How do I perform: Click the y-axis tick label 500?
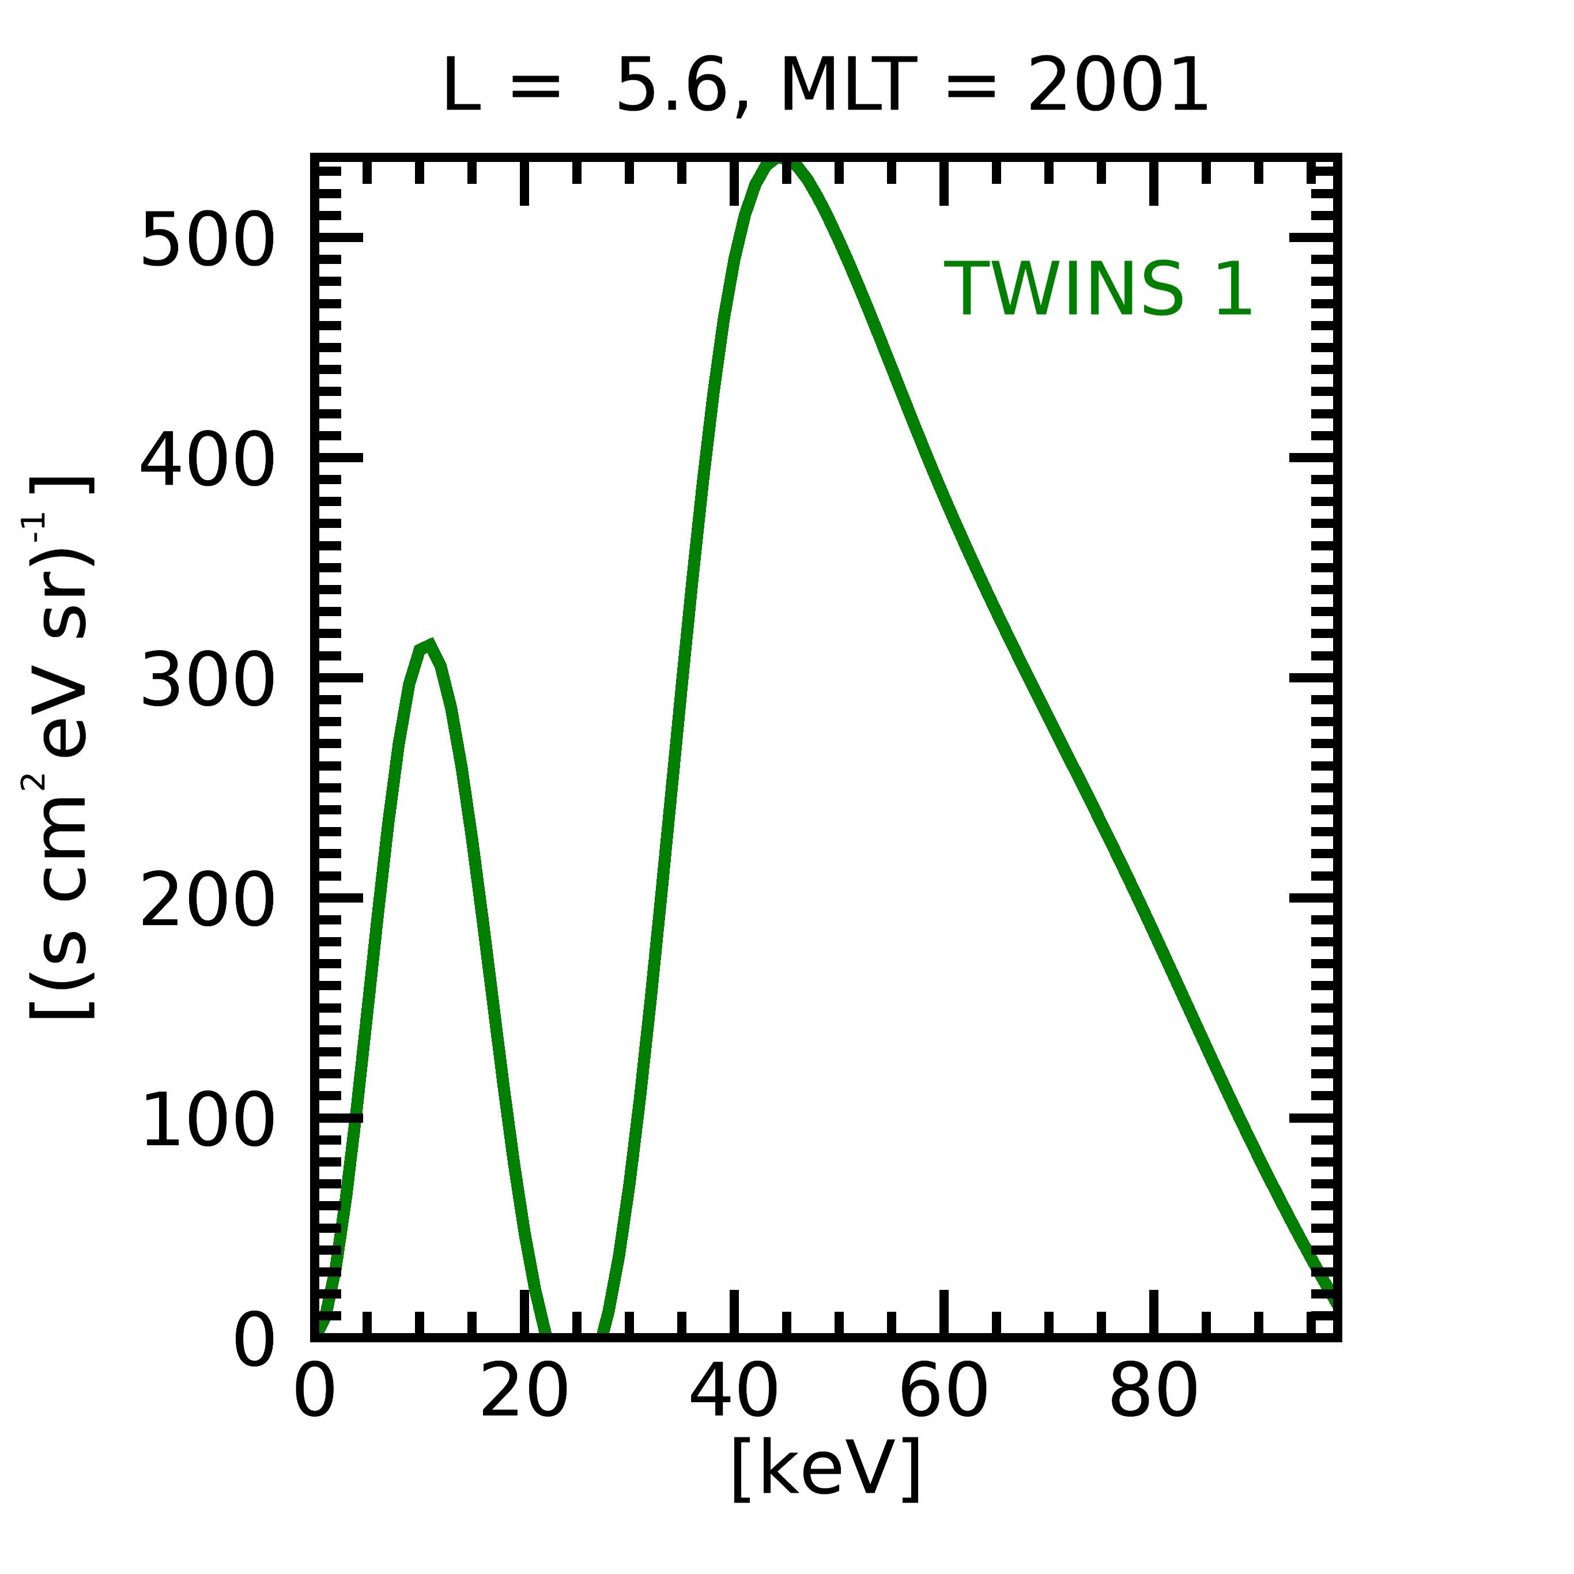pos(207,240)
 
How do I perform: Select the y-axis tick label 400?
pos(207,462)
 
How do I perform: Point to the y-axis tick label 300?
pos(207,681)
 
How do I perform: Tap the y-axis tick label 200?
pos(207,902)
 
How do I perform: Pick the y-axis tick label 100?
pos(207,1122)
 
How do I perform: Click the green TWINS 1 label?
pos(1097,289)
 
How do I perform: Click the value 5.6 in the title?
pos(672,85)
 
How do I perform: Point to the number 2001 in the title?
pos(1117,85)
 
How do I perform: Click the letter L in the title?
pos(461,85)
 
